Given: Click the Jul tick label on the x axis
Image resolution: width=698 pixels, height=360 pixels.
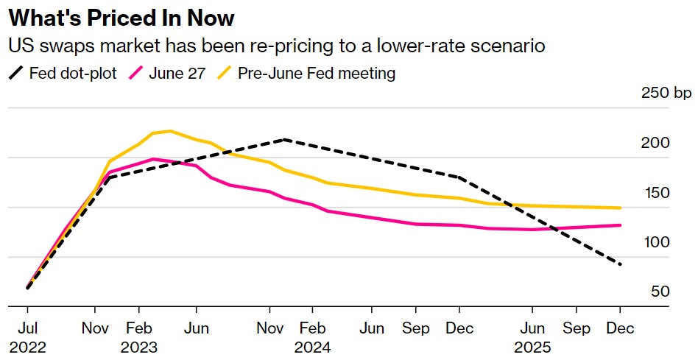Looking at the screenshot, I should pos(27,328).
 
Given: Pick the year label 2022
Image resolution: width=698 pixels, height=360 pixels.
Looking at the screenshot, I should pos(27,346).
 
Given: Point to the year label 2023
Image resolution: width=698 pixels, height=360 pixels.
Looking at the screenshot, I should pos(138,346).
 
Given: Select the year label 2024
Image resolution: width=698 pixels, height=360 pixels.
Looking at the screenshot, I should pos(312,346).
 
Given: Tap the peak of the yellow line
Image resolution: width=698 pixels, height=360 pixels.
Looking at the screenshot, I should pos(170,131).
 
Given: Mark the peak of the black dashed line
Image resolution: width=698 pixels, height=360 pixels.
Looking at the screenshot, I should pos(284,139).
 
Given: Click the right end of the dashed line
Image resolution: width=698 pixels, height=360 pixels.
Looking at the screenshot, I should pos(620,264).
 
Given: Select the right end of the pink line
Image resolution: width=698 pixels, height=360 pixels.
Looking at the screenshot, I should pos(620,225).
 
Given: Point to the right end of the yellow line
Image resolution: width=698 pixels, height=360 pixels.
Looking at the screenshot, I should pos(620,208).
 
